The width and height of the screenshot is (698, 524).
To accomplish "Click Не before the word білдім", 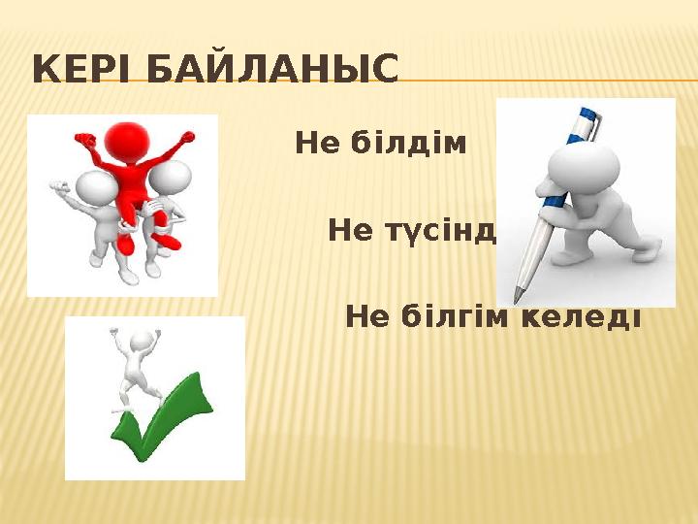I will (x=316, y=145).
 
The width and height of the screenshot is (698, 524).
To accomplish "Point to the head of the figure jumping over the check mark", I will (x=143, y=340).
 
